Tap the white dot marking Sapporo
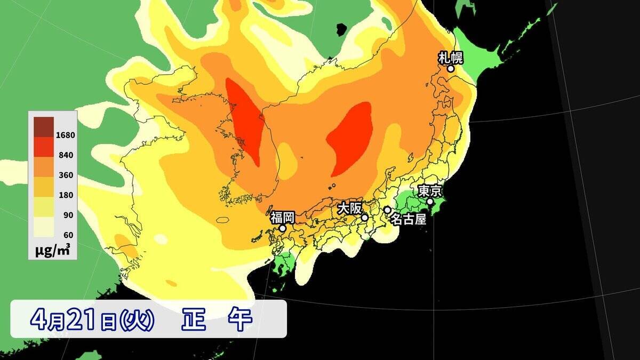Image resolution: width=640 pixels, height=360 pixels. pyautogui.click(x=451, y=68)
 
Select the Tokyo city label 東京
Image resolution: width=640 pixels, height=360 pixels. pyautogui.click(x=430, y=190)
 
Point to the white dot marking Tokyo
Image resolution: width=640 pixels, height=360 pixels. pyautogui.click(x=430, y=202)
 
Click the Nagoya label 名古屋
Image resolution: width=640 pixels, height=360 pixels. pyautogui.click(x=409, y=219)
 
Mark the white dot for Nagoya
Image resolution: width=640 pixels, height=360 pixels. pyautogui.click(x=387, y=210)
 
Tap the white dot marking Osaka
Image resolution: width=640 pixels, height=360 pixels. pyautogui.click(x=365, y=218)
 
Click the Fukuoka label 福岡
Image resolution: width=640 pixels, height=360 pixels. pyautogui.click(x=282, y=217)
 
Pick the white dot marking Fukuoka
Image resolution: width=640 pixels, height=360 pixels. pyautogui.click(x=283, y=228)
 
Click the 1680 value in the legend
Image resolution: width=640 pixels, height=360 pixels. pyautogui.click(x=66, y=135)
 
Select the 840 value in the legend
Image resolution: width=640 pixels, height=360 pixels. pyautogui.click(x=66, y=155)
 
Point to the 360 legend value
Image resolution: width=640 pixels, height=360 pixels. pyautogui.click(x=66, y=175)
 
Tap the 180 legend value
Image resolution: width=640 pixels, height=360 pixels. pyautogui.click(x=66, y=195)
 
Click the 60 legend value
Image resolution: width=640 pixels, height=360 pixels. pyautogui.click(x=67, y=235)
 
